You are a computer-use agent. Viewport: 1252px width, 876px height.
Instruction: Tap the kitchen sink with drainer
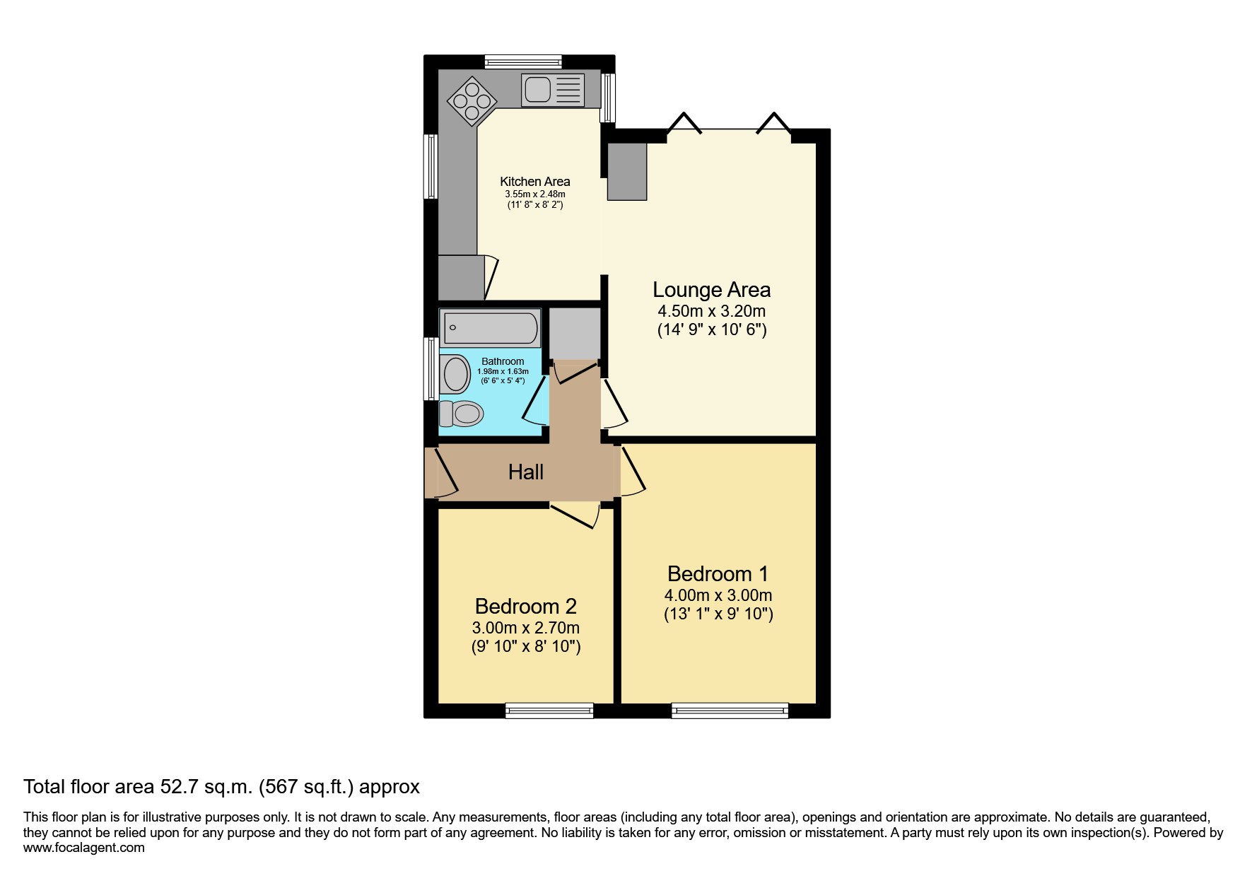553,90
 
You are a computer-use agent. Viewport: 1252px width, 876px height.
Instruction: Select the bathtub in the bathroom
490,328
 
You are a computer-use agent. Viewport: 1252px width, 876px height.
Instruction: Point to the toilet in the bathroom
460,413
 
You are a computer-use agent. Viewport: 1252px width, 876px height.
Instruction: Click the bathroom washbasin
455,374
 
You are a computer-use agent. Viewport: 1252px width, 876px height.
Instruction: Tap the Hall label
526,472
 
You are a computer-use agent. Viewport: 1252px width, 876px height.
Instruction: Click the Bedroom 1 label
718,573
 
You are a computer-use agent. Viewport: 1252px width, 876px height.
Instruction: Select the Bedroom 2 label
526,607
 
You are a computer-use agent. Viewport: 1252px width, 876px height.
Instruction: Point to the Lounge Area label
711,290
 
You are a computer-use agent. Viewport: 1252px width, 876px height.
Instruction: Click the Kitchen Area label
535,182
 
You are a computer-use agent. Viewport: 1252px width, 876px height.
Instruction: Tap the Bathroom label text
503,361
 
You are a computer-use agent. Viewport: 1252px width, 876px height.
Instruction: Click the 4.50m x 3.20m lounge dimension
712,311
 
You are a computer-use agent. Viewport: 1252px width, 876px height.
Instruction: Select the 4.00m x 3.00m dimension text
718,595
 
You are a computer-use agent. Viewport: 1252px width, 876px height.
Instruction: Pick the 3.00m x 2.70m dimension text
526,628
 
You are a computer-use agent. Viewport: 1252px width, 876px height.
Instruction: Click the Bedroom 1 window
730,711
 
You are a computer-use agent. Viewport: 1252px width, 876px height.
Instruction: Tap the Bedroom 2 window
549,711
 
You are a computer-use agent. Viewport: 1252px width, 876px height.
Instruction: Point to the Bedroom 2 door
574,515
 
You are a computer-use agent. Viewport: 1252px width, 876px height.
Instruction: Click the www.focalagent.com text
84,848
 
